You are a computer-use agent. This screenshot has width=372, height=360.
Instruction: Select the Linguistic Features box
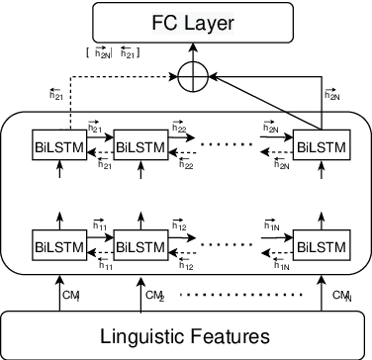click(x=186, y=335)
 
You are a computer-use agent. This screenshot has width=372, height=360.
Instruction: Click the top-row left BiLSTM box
click(x=53, y=144)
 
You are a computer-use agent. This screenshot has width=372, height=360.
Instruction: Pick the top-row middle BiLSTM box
click(x=137, y=144)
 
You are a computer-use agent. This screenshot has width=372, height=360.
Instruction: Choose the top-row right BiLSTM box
click(x=319, y=144)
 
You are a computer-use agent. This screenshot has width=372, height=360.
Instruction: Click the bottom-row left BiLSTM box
click(x=53, y=244)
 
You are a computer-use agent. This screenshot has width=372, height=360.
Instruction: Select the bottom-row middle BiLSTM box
click(x=137, y=244)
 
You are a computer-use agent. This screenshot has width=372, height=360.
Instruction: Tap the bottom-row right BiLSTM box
click(x=319, y=244)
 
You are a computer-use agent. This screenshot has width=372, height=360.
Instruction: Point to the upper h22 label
click(x=179, y=129)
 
